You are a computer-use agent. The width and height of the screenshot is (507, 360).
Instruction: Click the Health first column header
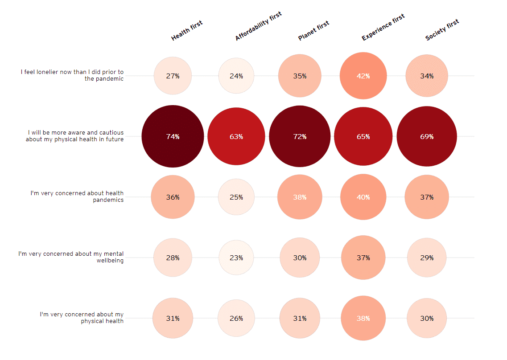[x=187, y=31]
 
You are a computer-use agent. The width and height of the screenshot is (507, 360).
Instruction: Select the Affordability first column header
[x=258, y=26]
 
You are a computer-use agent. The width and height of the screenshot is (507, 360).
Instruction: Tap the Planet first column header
[x=313, y=31]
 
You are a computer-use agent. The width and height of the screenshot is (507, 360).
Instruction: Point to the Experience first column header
[x=383, y=27]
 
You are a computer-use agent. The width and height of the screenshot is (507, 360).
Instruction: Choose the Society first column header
[x=442, y=30]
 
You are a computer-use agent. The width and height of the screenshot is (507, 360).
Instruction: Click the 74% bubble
[x=173, y=136]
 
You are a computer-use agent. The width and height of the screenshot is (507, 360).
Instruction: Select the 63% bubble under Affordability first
[x=236, y=136]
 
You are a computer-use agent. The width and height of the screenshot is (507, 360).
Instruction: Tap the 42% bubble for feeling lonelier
[x=363, y=76]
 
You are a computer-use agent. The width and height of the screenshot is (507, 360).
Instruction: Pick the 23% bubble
[x=236, y=258]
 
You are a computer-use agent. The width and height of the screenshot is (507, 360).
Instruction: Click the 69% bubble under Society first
[x=427, y=136]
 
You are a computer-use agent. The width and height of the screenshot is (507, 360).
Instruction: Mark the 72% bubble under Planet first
[x=300, y=136]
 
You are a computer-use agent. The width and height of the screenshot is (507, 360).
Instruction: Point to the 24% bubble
[x=236, y=76]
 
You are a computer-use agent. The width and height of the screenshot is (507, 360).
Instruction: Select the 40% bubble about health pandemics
[x=363, y=197]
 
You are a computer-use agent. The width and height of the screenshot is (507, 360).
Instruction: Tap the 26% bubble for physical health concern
[x=236, y=318]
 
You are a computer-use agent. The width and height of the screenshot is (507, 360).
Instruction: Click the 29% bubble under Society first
[x=427, y=258]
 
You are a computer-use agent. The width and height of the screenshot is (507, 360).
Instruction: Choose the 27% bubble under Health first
[x=173, y=76]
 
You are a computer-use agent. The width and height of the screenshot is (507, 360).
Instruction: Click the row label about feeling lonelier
[x=72, y=75]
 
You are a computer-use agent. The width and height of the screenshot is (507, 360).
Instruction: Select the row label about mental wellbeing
[x=71, y=257]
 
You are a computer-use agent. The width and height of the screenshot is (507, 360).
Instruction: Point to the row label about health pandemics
[x=77, y=196]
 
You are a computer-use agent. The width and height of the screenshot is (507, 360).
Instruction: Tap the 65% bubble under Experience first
[x=363, y=136]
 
